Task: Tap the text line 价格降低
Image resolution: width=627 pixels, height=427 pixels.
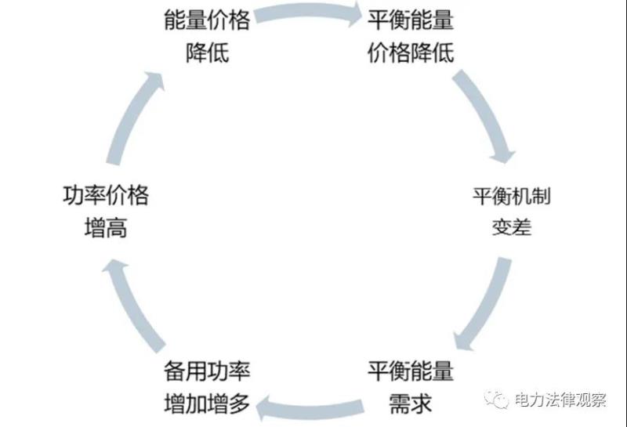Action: [411, 54]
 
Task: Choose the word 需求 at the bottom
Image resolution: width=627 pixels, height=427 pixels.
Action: [411, 403]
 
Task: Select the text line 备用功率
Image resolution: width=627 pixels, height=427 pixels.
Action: [207, 370]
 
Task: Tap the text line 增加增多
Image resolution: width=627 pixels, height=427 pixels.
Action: [207, 403]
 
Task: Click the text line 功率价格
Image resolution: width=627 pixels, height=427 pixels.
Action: [105, 195]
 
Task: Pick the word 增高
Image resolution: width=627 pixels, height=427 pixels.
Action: [105, 229]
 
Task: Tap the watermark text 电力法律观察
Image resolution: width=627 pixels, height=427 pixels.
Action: [560, 400]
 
